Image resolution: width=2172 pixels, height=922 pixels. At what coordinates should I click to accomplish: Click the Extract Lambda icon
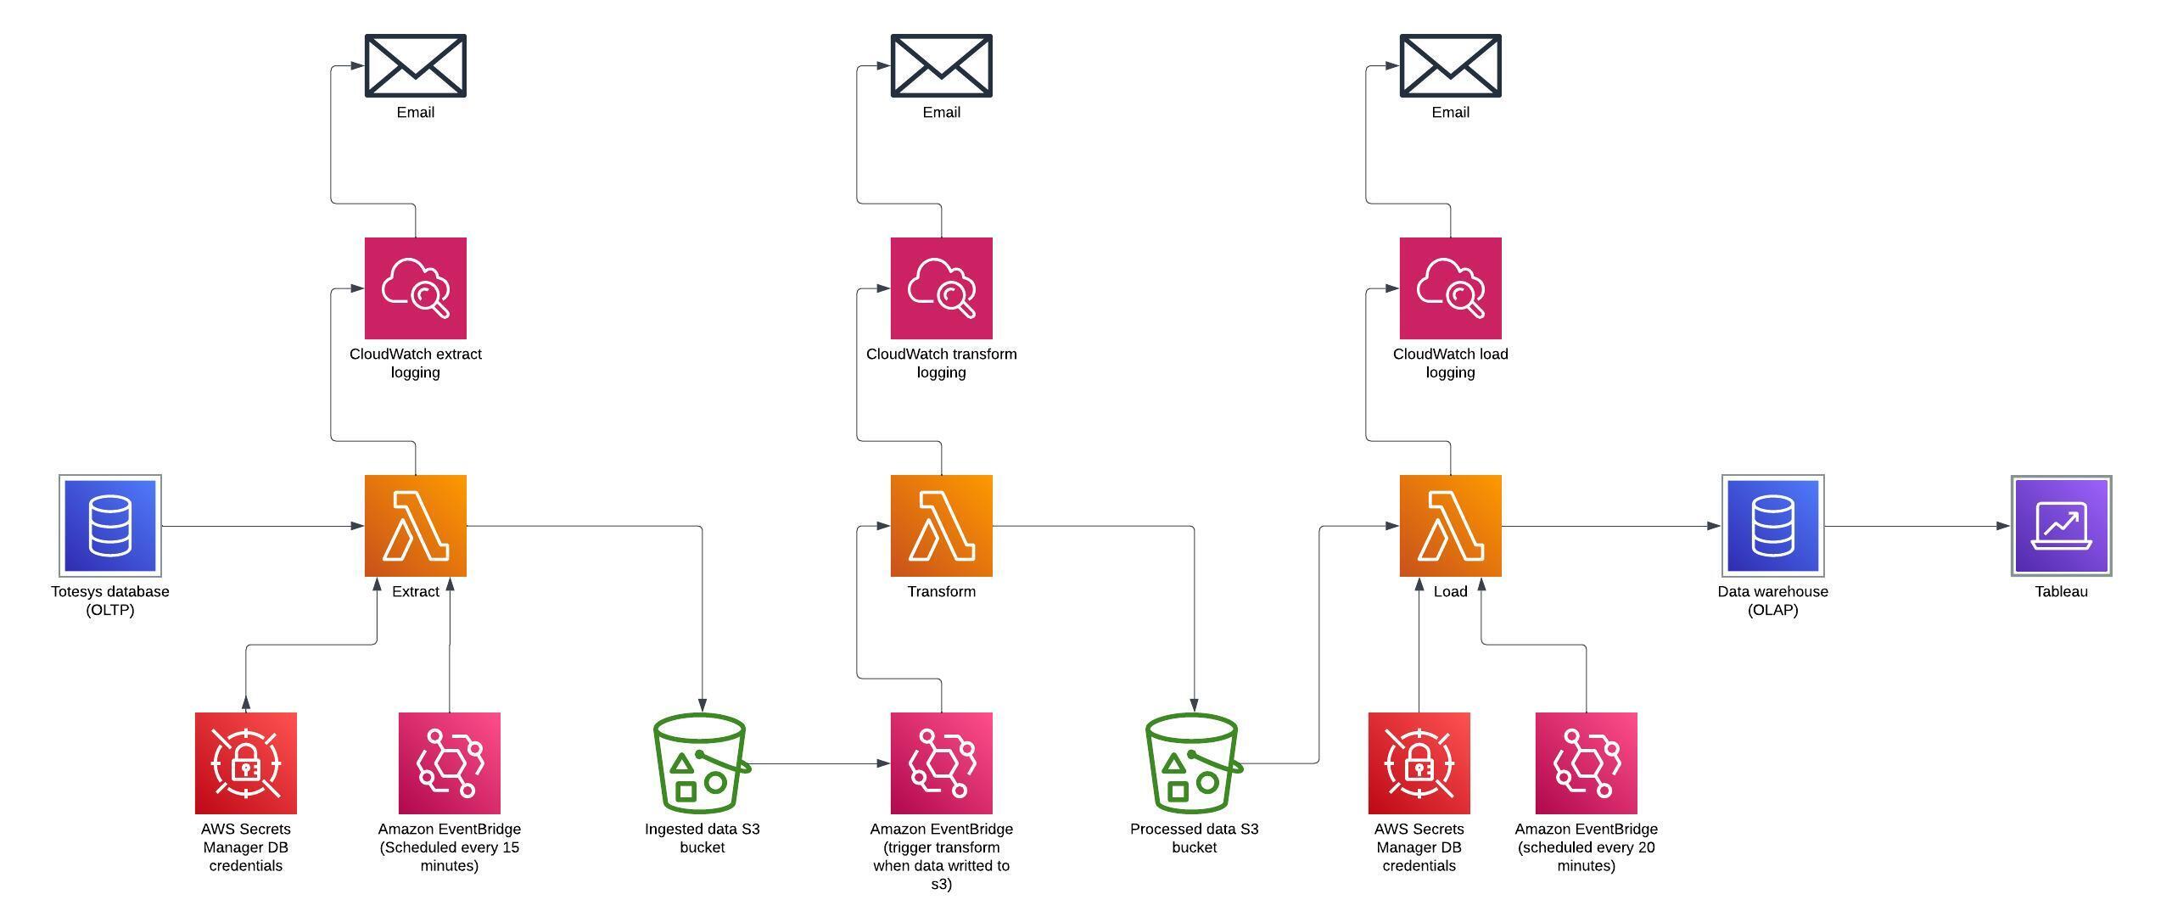pyautogui.click(x=415, y=525)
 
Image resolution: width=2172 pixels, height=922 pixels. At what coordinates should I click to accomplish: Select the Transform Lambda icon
pyautogui.click(x=941, y=525)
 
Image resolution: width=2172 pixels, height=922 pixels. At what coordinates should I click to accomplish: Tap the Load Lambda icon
pyautogui.click(x=1450, y=525)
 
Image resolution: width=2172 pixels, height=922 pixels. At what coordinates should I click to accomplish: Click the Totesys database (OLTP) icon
pyautogui.click(x=110, y=525)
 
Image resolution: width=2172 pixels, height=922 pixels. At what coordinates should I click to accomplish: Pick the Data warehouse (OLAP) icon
pyautogui.click(x=1772, y=525)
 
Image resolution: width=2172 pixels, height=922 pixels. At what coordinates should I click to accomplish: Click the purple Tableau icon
pyautogui.click(x=2061, y=525)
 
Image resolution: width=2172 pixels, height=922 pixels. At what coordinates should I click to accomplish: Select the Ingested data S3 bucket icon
pyautogui.click(x=701, y=763)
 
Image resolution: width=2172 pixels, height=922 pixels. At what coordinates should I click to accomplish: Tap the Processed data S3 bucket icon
pyautogui.click(x=1193, y=763)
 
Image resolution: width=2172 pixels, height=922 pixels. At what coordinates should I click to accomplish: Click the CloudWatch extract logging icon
pyautogui.click(x=415, y=288)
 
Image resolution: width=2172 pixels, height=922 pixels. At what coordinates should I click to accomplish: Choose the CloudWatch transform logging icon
pyautogui.click(x=941, y=288)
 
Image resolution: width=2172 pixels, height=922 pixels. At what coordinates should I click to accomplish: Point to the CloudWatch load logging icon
pyautogui.click(x=1450, y=288)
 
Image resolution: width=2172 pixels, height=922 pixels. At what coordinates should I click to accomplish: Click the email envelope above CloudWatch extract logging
pyautogui.click(x=415, y=65)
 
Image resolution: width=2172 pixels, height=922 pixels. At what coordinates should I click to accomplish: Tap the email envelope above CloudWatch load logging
pyautogui.click(x=1450, y=65)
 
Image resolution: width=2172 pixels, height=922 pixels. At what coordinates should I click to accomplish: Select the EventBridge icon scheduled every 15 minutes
pyautogui.click(x=449, y=763)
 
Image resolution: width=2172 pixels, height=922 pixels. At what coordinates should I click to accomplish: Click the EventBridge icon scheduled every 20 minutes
pyautogui.click(x=1586, y=763)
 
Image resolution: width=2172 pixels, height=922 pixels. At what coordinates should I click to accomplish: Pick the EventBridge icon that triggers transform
pyautogui.click(x=941, y=763)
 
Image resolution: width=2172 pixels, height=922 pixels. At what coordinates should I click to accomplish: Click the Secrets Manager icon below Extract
pyautogui.click(x=245, y=763)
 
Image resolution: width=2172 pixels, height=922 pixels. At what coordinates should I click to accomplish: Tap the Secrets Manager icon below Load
pyautogui.click(x=1419, y=763)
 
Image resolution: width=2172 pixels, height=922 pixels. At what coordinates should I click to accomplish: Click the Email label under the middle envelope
pyautogui.click(x=941, y=112)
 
